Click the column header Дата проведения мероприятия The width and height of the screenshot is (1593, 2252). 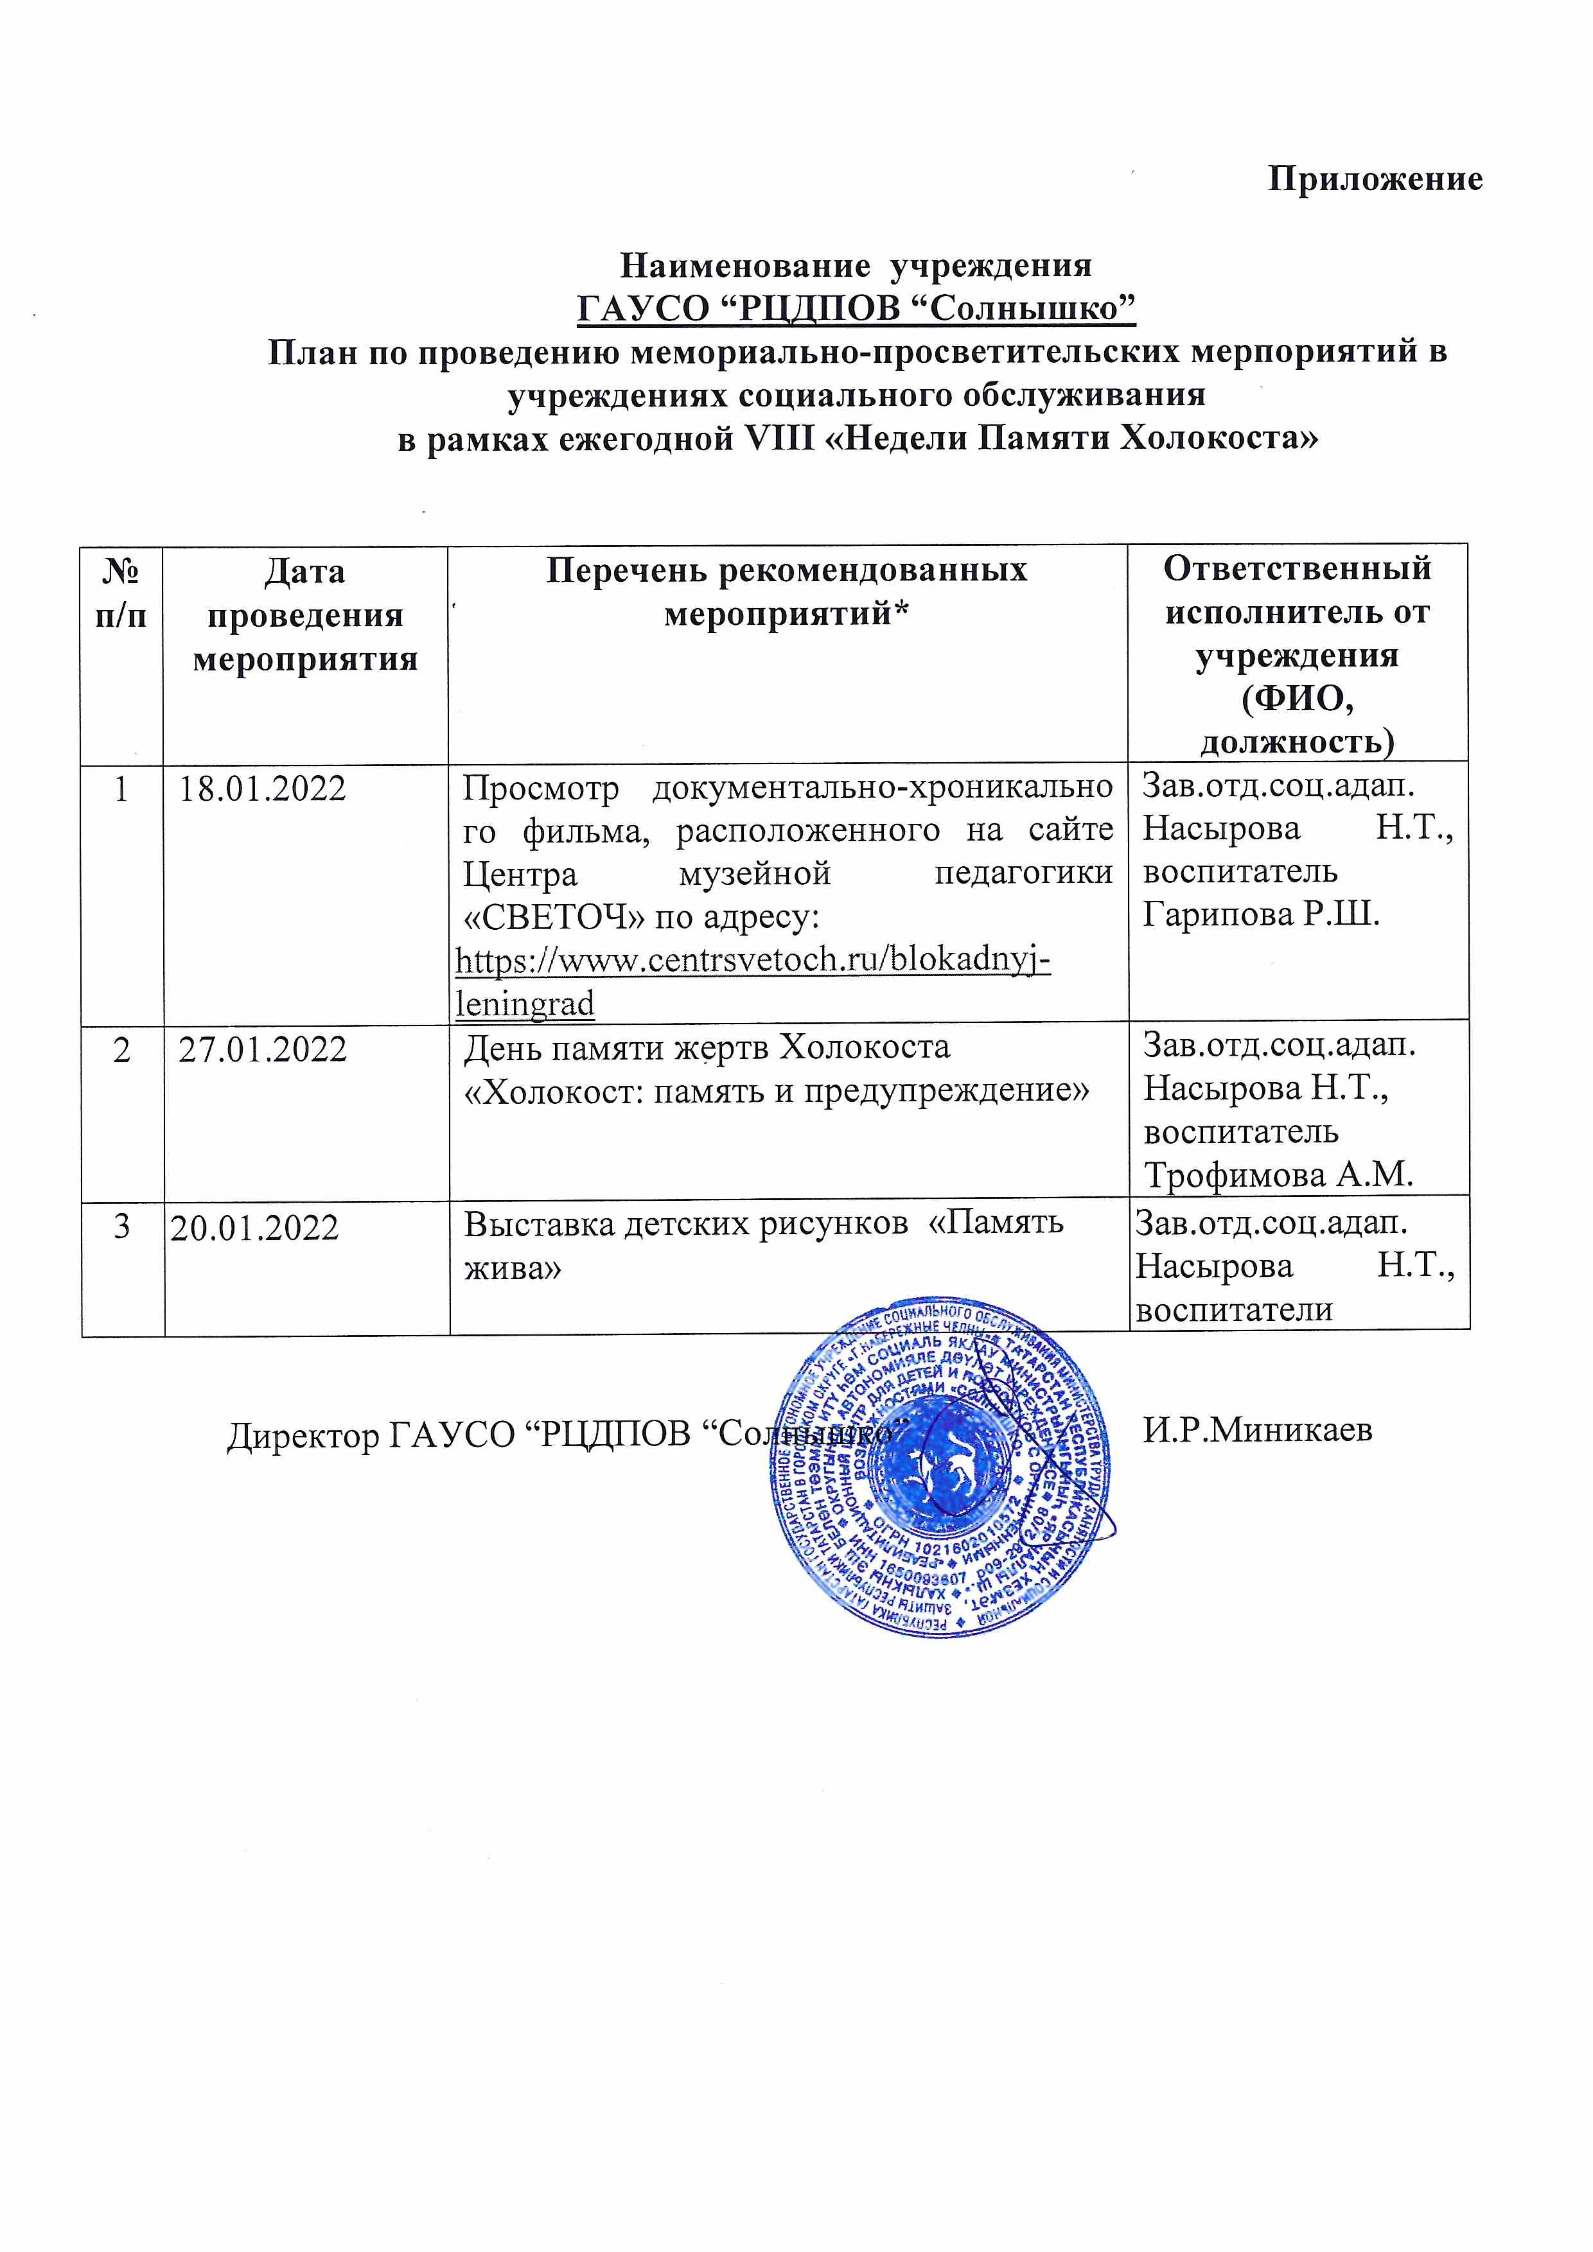point(305,615)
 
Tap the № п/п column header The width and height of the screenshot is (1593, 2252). point(121,593)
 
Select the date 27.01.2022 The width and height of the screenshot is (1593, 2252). point(263,1049)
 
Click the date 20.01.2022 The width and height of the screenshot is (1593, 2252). point(254,1228)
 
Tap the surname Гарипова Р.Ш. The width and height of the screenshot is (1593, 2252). point(1262,914)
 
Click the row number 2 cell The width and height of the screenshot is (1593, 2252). point(121,1049)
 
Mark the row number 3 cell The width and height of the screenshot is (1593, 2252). point(121,1227)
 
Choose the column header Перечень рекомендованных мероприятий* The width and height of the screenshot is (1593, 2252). point(787,593)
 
